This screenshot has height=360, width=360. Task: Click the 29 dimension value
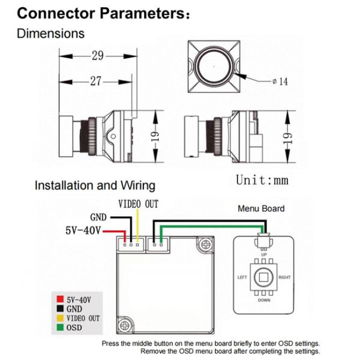[x=98, y=56]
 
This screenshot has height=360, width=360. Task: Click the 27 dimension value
[x=95, y=81]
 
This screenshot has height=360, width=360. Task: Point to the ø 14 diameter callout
[x=280, y=82]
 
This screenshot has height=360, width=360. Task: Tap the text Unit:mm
[x=262, y=180]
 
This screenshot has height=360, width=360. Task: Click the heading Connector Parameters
[x=103, y=13]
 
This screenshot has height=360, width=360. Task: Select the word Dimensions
[x=51, y=34]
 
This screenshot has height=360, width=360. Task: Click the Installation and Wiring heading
[x=95, y=185]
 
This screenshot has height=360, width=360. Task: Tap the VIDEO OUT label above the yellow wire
[x=138, y=204]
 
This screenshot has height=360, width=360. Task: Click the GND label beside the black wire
[x=98, y=217]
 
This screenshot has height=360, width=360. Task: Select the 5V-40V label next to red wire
[x=83, y=230]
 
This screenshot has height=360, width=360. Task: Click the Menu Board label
[x=261, y=208]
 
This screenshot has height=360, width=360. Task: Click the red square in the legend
[x=60, y=299]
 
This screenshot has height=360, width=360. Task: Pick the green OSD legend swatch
[x=60, y=327]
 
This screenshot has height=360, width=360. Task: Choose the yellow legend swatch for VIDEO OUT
[x=60, y=318]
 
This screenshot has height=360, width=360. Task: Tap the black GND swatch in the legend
[x=60, y=308]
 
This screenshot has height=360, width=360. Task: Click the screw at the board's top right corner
[x=205, y=245]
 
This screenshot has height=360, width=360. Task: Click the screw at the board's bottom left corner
[x=125, y=325]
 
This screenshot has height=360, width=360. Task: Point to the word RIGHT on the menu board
[x=284, y=277]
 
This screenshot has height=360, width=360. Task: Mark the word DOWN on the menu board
[x=264, y=300]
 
